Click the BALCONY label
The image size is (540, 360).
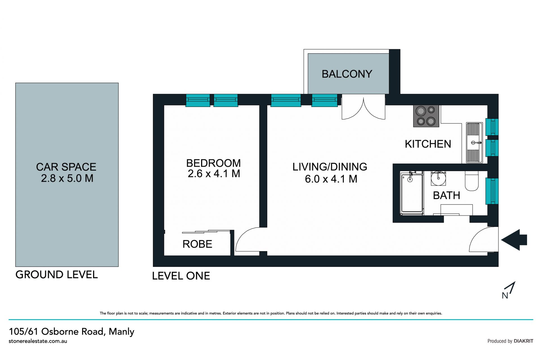pyautogui.click(x=347, y=74)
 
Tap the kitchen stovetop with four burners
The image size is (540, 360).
pyautogui.click(x=426, y=116)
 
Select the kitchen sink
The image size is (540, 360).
pyautogui.click(x=474, y=143)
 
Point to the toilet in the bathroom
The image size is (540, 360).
pyautogui.click(x=472, y=181)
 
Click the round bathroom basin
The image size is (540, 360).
pyautogui.click(x=438, y=178)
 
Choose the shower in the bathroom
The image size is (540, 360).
pyautogui.click(x=412, y=193)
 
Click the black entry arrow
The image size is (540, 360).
pyautogui.click(x=514, y=240)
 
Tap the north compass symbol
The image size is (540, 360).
pyautogui.click(x=508, y=290)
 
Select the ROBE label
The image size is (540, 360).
pyautogui.click(x=197, y=244)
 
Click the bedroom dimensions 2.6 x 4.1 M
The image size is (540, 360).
pyautogui.click(x=214, y=174)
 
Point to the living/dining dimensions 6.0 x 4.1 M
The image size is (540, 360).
pyautogui.click(x=331, y=179)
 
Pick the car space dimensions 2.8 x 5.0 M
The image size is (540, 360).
pyautogui.click(x=67, y=178)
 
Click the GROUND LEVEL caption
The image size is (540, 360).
pyautogui.click(x=57, y=275)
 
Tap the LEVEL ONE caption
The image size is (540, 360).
pyautogui.click(x=181, y=276)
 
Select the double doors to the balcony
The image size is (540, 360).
pyautogui.click(x=363, y=107)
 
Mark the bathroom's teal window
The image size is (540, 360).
pyautogui.click(x=492, y=191)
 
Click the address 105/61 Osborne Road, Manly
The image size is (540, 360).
pyautogui.click(x=71, y=332)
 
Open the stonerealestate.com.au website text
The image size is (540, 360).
pyautogui.click(x=38, y=341)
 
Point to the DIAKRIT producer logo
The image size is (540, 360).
pyautogui.click(x=523, y=341)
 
